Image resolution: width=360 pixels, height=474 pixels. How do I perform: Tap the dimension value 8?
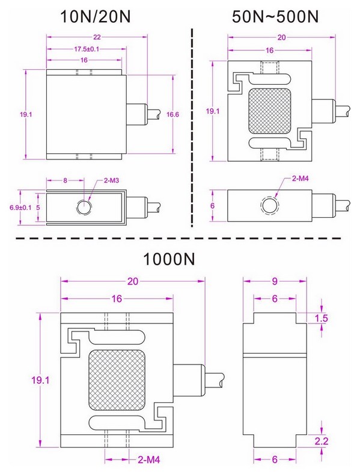(x=65, y=180)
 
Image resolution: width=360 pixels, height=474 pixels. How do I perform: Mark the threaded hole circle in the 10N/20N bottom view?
(x=84, y=208)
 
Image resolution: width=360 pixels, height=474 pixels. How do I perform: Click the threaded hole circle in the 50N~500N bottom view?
(x=269, y=206)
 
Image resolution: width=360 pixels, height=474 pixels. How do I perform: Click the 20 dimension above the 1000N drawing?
(x=133, y=281)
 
